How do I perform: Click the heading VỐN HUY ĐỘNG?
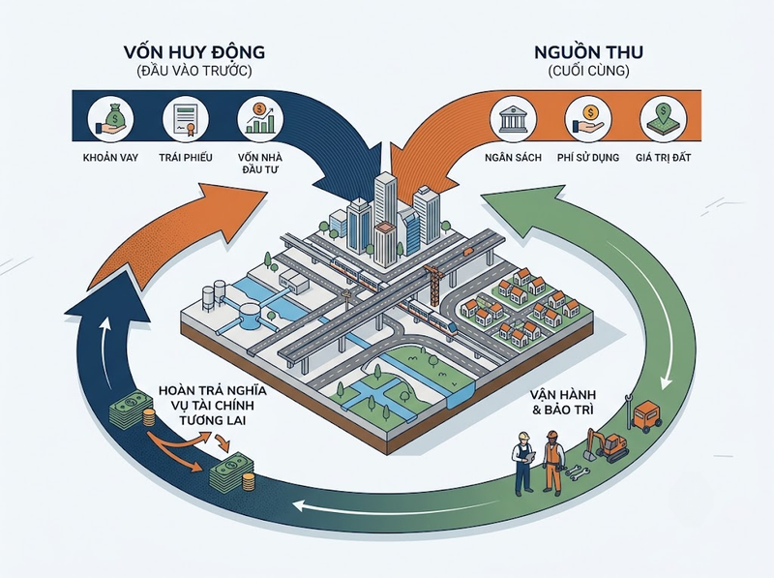[x=194, y=52]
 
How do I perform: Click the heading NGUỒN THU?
[x=589, y=52]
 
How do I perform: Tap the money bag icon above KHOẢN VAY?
[x=110, y=119]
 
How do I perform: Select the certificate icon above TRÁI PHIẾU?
[x=186, y=119]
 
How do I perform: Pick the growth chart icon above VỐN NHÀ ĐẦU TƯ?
[x=260, y=119]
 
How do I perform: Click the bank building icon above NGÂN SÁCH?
[x=513, y=119]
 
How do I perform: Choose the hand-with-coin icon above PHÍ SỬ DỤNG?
[x=588, y=119]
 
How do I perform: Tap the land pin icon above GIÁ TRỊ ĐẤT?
[x=663, y=119]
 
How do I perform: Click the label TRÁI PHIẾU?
[x=186, y=158]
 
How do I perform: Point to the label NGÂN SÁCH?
[x=513, y=158]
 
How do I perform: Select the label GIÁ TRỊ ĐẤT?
[x=663, y=158]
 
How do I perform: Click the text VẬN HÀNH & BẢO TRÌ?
[x=563, y=402]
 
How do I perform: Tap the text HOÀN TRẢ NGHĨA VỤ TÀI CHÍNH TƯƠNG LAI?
[x=212, y=405]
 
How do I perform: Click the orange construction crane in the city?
[x=433, y=285]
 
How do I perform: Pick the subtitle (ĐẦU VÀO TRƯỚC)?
[x=194, y=71]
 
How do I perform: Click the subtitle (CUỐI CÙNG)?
[x=589, y=71]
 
